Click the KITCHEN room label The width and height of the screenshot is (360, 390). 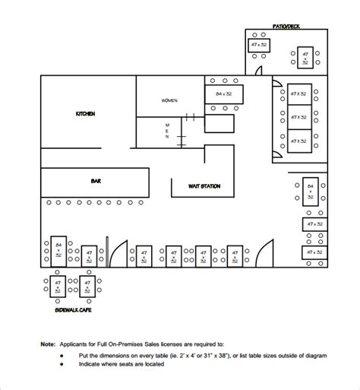tap(85, 113)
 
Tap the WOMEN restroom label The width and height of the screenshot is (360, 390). tap(169, 100)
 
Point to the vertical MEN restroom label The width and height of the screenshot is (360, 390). tap(167, 131)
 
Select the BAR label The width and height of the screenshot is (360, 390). tap(96, 181)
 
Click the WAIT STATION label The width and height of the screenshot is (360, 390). tap(205, 185)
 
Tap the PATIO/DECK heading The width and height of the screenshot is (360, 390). tap(287, 26)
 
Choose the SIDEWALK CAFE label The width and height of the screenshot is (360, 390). tap(74, 311)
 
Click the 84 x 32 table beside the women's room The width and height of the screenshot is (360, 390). tap(223, 94)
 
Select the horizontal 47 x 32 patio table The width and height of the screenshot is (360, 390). tap(259, 46)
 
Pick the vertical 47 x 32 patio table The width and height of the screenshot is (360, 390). tap(305, 58)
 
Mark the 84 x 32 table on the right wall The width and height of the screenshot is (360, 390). tap(310, 191)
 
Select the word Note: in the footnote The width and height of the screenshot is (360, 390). tap(48, 344)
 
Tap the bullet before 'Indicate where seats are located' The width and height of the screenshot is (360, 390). tap(62, 363)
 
